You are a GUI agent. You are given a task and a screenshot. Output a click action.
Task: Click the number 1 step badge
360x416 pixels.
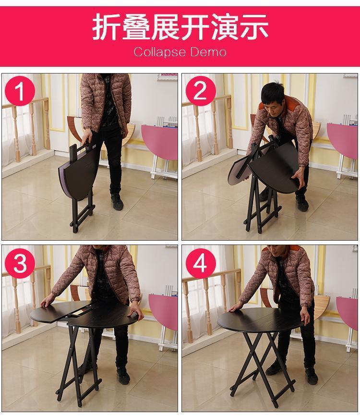point(20,91)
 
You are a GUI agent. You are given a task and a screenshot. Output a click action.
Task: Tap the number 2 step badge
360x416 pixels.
point(201,91)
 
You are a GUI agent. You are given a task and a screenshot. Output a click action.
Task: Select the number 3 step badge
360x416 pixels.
point(20,263)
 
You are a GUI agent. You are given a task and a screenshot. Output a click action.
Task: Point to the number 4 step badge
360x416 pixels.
point(201,263)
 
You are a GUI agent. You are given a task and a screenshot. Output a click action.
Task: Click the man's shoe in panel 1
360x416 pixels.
point(117,202)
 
